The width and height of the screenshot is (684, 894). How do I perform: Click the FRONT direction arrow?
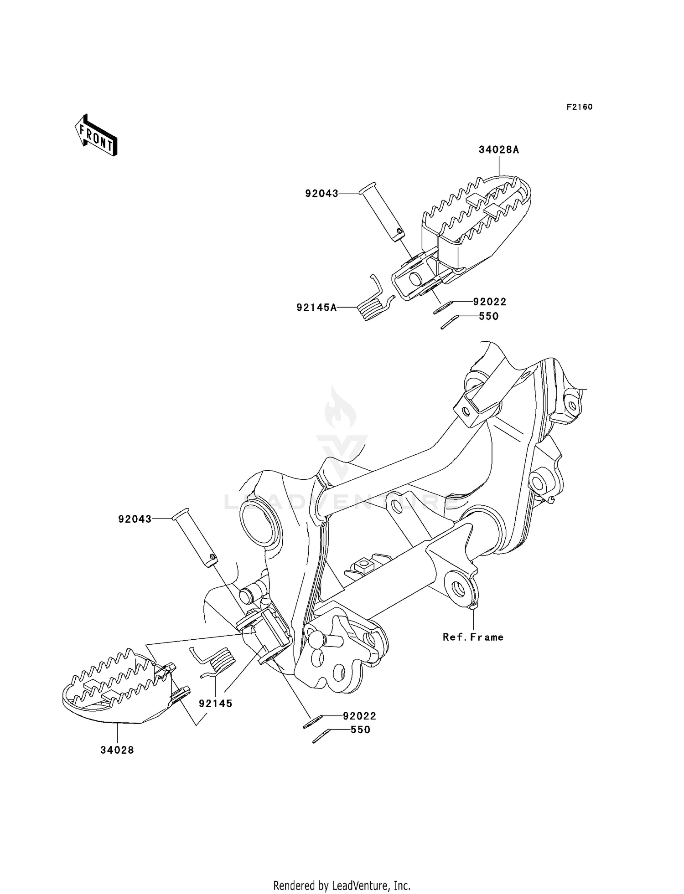pyautogui.click(x=96, y=136)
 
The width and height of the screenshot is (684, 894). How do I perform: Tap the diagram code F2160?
pyautogui.click(x=580, y=107)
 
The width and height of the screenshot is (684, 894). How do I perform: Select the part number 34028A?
pyautogui.click(x=499, y=150)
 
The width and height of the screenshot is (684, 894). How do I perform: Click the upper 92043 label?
pyautogui.click(x=322, y=194)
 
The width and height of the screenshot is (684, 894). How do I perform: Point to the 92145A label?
pyautogui.click(x=316, y=308)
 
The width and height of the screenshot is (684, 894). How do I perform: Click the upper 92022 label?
pyautogui.click(x=490, y=302)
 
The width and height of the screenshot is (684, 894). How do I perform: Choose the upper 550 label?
pyautogui.click(x=489, y=316)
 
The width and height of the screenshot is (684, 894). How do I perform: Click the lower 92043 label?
pyautogui.click(x=135, y=519)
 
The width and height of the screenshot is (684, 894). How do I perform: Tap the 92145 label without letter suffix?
pyautogui.click(x=216, y=704)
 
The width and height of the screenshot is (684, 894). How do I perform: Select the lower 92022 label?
pyautogui.click(x=360, y=716)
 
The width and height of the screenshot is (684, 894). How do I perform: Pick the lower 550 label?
pyautogui.click(x=360, y=730)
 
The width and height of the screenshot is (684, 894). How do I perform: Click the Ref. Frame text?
pyautogui.click(x=473, y=637)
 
